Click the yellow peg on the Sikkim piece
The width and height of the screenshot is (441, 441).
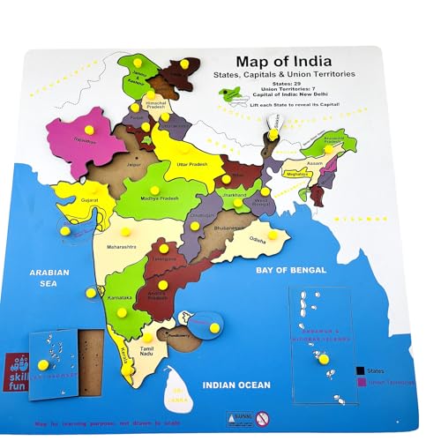274,134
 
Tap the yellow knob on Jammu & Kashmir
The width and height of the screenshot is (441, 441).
184,64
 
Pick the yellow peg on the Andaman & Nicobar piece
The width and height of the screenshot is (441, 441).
324,360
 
